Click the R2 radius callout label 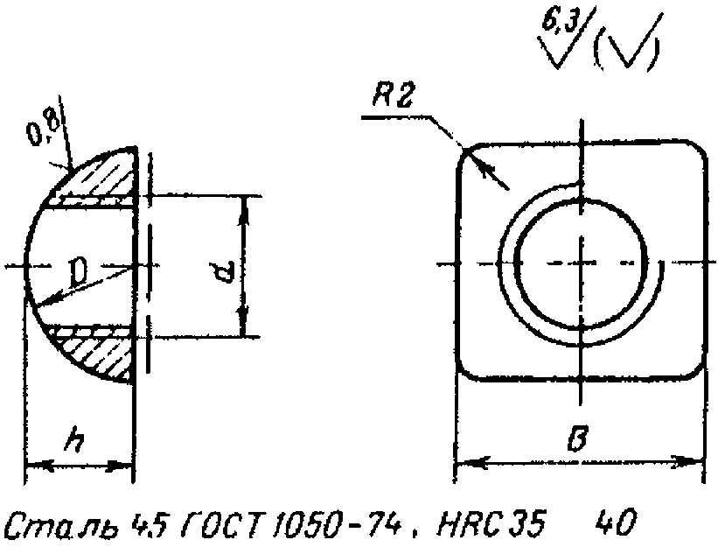click(393, 95)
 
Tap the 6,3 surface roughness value click(558, 21)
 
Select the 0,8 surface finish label click(44, 128)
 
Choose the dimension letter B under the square click(578, 438)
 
